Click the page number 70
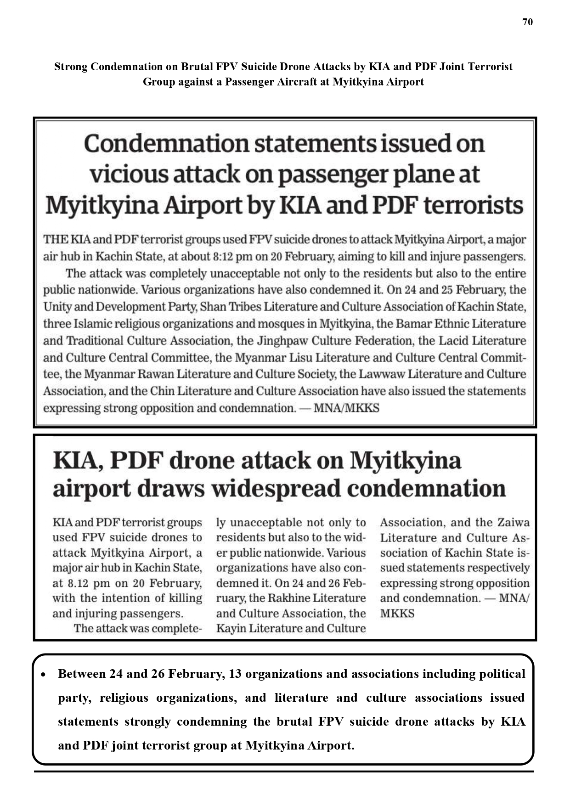pyautogui.click(x=527, y=22)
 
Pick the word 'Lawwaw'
pyautogui.click(x=381, y=374)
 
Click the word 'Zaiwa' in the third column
pyautogui.click(x=513, y=523)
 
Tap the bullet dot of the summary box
pyautogui.click(x=43, y=675)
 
